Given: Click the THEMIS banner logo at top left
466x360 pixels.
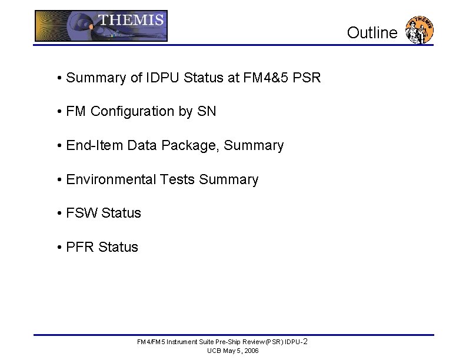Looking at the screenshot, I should pos(101,26).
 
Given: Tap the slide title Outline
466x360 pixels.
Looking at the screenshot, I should pos(372,33).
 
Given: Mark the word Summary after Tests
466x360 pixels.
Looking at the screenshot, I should pos(229,179).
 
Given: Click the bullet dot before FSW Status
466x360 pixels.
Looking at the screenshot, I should pos(60,214).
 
